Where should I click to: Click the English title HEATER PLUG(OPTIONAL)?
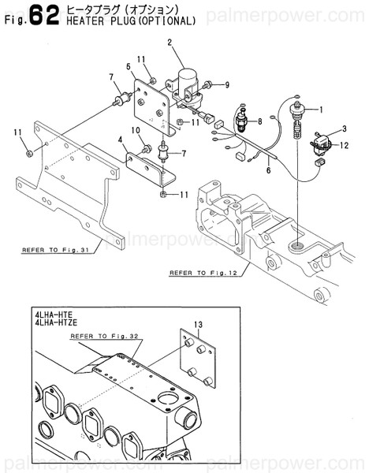pyautogui.click(x=132, y=20)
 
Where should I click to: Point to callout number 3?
pyautogui.click(x=344, y=128)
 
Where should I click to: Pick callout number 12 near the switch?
pyautogui.click(x=342, y=143)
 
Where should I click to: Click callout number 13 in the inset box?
pyautogui.click(x=199, y=323)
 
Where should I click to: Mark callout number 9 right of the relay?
pyautogui.click(x=226, y=84)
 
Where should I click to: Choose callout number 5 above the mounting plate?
pyautogui.click(x=129, y=66)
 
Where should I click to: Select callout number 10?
pyautogui.click(x=136, y=129)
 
